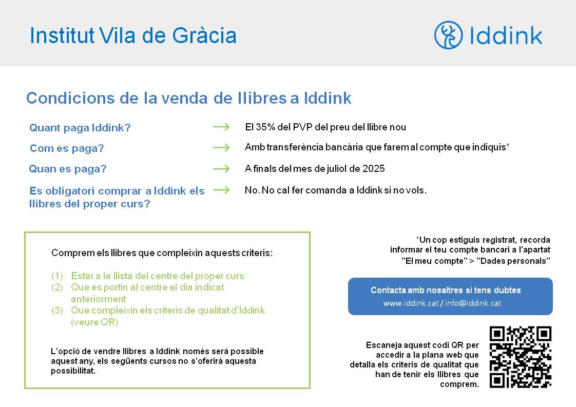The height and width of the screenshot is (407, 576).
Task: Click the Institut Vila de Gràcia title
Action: point(133,35)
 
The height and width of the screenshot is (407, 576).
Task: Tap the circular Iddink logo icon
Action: point(448,35)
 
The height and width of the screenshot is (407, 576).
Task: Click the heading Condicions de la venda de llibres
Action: point(189,98)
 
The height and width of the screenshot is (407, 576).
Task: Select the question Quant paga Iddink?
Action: point(80,128)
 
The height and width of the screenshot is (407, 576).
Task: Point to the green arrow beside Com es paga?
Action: point(221,148)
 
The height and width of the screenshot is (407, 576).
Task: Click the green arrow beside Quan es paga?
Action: point(221,169)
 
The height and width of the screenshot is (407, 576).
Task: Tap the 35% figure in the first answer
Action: point(265,127)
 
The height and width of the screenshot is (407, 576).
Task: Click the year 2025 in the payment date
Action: point(374,169)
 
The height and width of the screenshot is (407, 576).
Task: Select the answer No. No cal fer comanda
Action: point(335,190)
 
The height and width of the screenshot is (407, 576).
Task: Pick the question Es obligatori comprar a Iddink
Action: point(117,197)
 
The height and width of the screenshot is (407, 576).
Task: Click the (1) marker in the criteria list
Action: point(57,276)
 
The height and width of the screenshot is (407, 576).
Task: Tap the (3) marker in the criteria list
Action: point(57,311)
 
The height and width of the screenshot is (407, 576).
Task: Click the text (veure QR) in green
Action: point(95,322)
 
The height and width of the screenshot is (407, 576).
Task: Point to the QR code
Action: point(521,357)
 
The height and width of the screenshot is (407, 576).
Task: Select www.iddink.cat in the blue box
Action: point(411,303)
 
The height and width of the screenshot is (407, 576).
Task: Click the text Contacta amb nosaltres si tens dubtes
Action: point(446,290)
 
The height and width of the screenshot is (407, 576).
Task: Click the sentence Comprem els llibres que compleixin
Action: point(162,253)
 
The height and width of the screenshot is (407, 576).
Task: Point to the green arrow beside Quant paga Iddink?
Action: point(221,127)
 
